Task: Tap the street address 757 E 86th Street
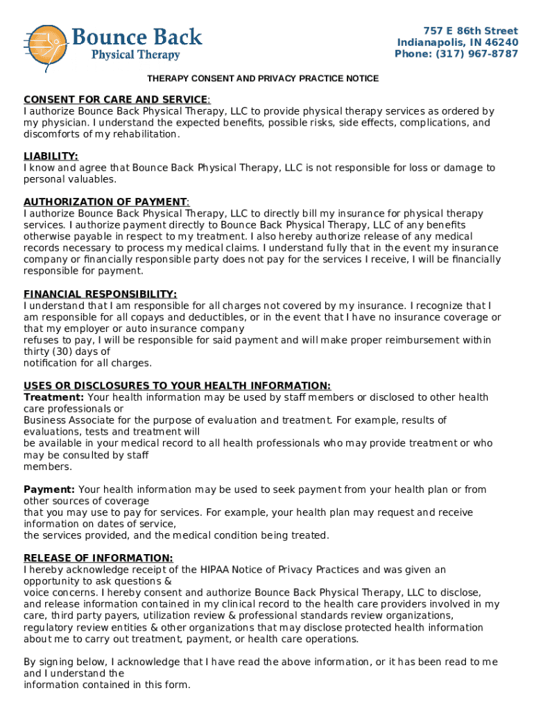[x=471, y=31]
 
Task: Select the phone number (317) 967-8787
[x=476, y=54]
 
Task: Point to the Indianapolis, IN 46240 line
[x=457, y=42]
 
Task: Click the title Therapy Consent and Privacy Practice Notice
[x=262, y=78]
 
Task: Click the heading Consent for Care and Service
[x=116, y=99]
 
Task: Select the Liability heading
[x=51, y=156]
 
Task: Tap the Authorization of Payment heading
[x=105, y=202]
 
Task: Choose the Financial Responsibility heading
[x=100, y=294]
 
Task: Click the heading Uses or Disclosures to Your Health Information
[x=177, y=386]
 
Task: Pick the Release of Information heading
[x=98, y=558]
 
